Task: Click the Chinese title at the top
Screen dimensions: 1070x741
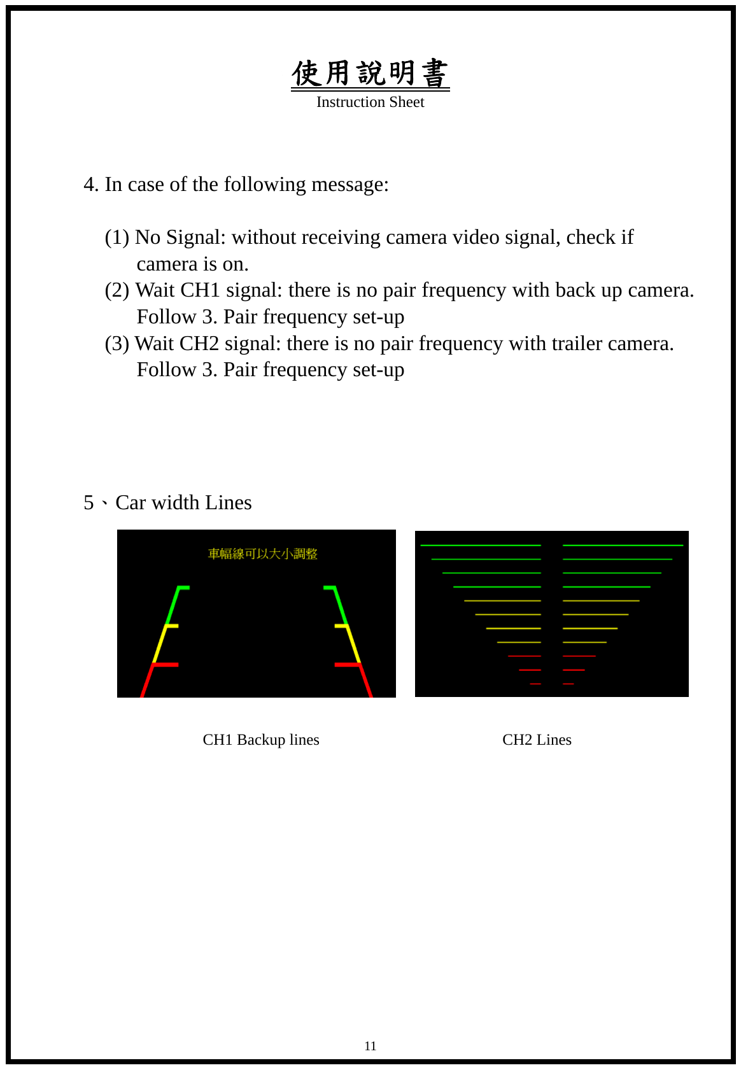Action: click(x=370, y=73)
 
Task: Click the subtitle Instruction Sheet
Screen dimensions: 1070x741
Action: click(x=370, y=102)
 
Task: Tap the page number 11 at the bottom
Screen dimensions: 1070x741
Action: click(x=370, y=1046)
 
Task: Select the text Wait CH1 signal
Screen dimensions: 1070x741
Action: click(x=208, y=290)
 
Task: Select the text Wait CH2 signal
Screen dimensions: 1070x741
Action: click(x=207, y=344)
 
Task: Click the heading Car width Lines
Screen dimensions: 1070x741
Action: click(x=183, y=503)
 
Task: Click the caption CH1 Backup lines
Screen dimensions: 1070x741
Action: click(x=261, y=740)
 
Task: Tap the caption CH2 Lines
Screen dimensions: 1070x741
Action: click(x=537, y=740)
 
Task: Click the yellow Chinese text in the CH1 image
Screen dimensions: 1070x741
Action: click(x=262, y=554)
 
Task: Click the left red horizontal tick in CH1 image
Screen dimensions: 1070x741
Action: click(x=166, y=665)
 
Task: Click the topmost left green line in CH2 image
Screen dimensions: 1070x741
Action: click(x=481, y=546)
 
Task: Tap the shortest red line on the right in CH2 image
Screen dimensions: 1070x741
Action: click(x=568, y=684)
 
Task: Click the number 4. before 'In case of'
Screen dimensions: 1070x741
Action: click(x=91, y=185)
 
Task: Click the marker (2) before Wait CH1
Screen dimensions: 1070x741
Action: click(x=117, y=291)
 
